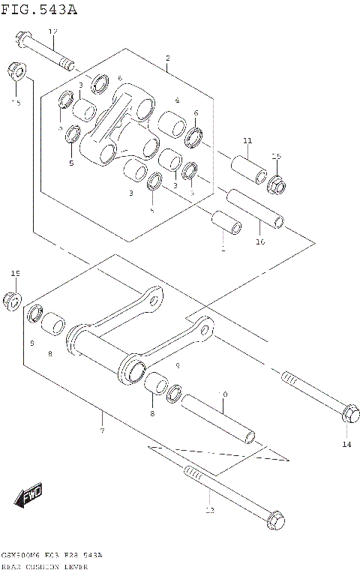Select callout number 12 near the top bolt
click(52, 31)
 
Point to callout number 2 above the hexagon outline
click(167, 58)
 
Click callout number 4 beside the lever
click(177, 100)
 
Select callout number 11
click(247, 140)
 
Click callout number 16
click(260, 241)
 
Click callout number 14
click(346, 445)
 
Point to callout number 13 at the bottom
click(209, 510)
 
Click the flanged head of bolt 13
click(275, 518)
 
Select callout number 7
click(101, 430)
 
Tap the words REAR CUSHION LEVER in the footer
click(45, 566)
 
